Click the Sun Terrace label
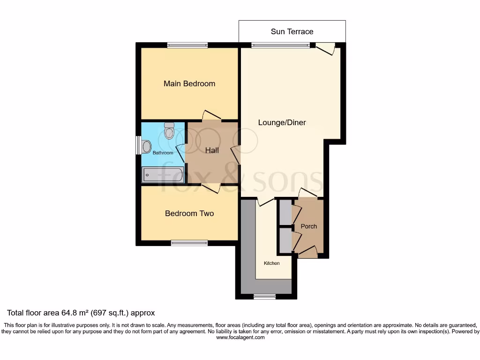pyautogui.click(x=292, y=31)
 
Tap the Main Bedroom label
pyautogui.click(x=189, y=83)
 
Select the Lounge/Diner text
pyautogui.click(x=282, y=122)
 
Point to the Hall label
pyautogui.click(x=212, y=150)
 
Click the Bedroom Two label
pyautogui.click(x=189, y=213)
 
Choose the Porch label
pyautogui.click(x=308, y=226)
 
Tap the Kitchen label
pyautogui.click(x=271, y=263)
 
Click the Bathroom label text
pyautogui.click(x=162, y=153)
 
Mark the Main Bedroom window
pyautogui.click(x=187, y=45)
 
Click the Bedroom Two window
pyautogui.click(x=189, y=243)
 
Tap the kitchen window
pyautogui.click(x=264, y=296)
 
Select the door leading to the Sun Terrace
pyautogui.click(x=325, y=48)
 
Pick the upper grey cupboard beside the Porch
pyautogui.click(x=285, y=212)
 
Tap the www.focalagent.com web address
pyautogui.click(x=240, y=337)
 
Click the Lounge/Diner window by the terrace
pyautogui.click(x=280, y=45)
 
